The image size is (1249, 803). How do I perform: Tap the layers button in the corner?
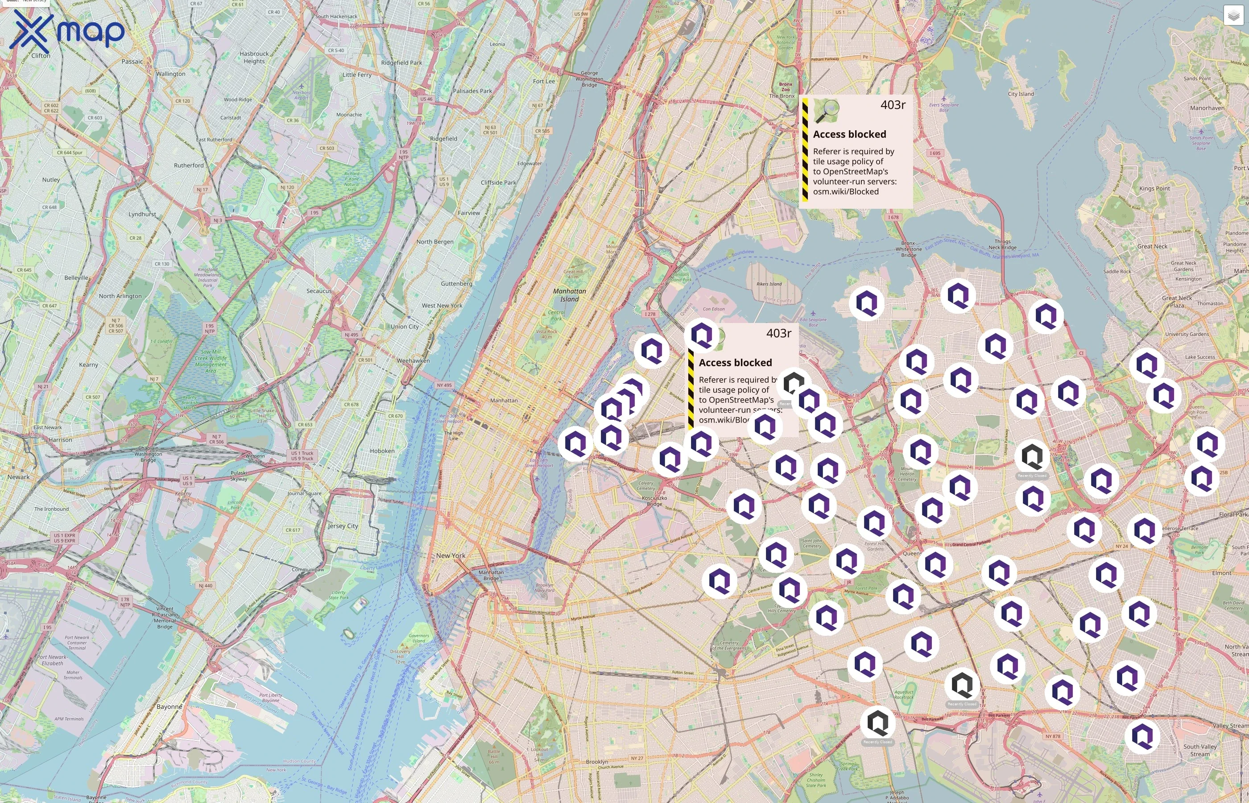point(1233,16)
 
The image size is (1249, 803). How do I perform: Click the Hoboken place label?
point(382,451)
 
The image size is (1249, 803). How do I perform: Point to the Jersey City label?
point(343,526)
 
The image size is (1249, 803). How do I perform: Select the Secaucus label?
point(319,291)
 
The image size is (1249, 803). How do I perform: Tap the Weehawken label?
point(414,361)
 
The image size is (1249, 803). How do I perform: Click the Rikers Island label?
point(769,284)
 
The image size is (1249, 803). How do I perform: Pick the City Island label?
point(1021,94)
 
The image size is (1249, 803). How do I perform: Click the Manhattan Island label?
point(569,295)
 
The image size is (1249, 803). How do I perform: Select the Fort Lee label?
point(544,81)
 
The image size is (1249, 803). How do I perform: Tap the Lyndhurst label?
point(142,214)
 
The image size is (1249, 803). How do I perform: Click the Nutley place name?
point(51,180)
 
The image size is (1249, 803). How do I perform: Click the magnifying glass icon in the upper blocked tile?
point(827,111)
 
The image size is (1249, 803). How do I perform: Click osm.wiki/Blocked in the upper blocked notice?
point(845,191)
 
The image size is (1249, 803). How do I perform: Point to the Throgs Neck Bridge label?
point(1002,244)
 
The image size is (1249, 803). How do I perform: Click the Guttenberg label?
point(456,284)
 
